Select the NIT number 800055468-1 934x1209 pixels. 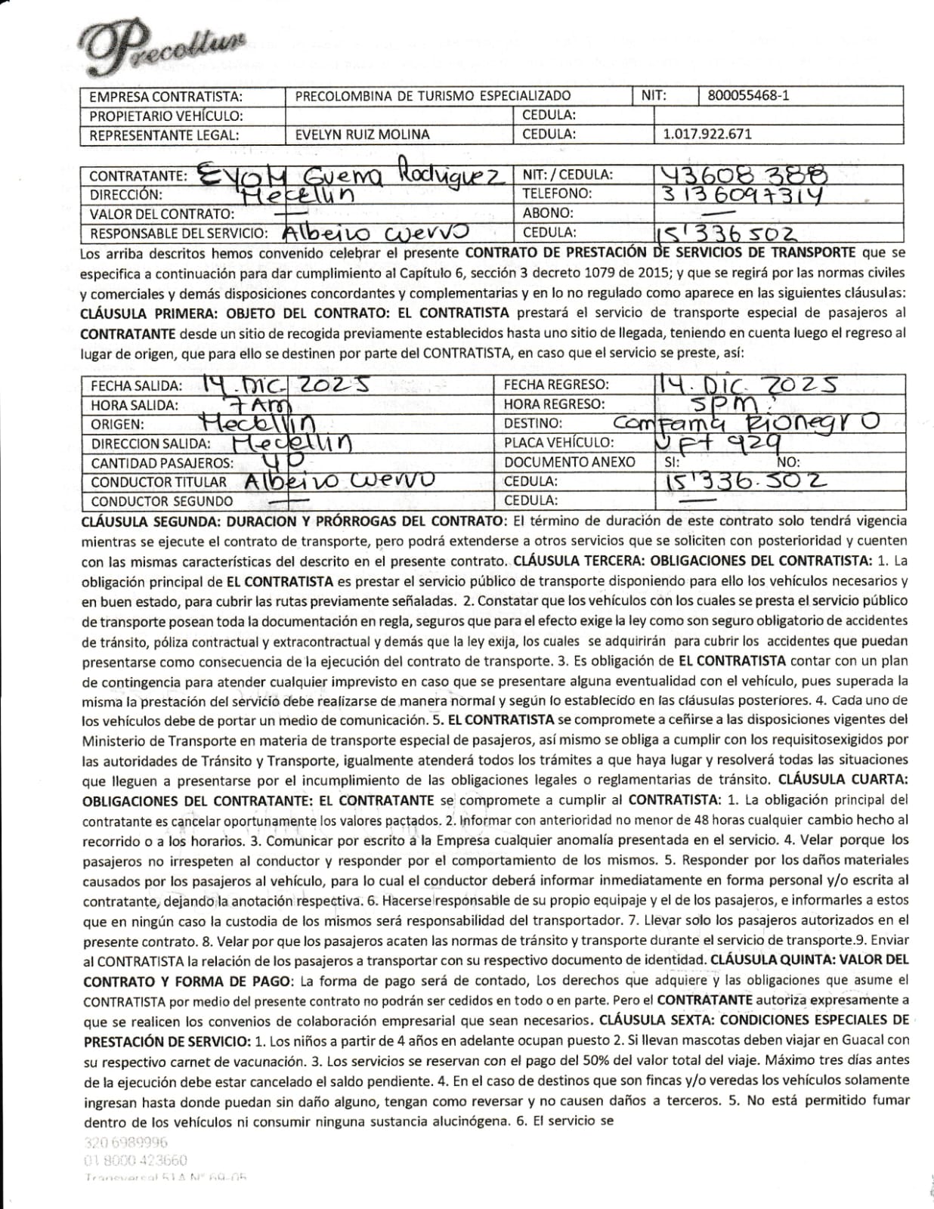click(748, 96)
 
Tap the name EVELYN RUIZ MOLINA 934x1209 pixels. click(362, 135)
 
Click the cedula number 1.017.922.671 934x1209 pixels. click(707, 135)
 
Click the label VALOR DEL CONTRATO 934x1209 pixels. click(162, 214)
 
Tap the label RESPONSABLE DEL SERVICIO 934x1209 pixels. click(179, 233)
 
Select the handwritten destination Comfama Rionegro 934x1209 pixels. click(745, 422)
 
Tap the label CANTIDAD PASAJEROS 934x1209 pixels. click(162, 462)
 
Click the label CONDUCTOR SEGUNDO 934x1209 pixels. click(162, 501)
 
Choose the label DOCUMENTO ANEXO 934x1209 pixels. click(570, 462)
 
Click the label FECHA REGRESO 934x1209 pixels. click(555, 385)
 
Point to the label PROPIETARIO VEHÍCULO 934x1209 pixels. click(166, 116)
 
